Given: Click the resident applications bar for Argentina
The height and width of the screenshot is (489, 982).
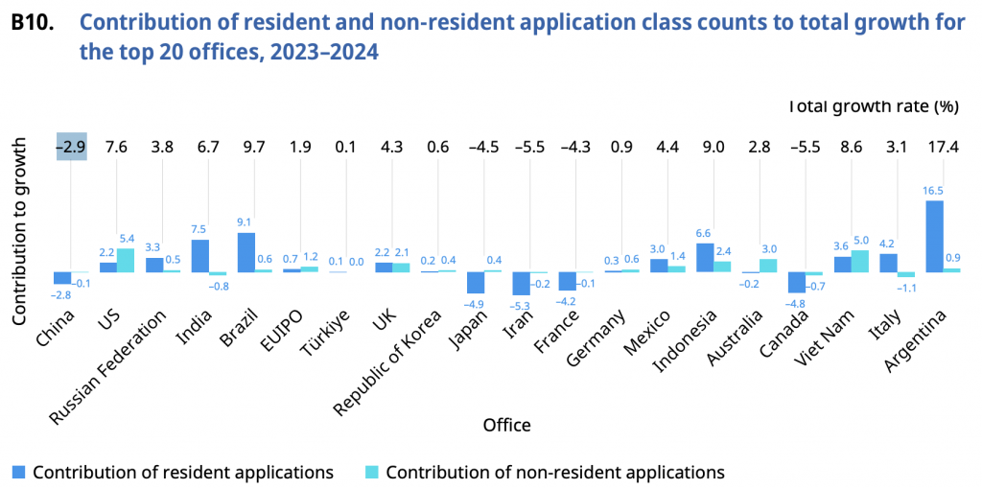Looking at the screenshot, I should click(934, 236).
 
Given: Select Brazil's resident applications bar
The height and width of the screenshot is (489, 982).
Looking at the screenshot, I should click(245, 252).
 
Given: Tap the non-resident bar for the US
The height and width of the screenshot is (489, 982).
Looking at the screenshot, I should click(125, 260).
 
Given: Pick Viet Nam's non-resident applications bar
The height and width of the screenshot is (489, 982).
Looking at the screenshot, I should click(860, 261).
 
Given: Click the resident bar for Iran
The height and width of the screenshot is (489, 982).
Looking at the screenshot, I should click(521, 284).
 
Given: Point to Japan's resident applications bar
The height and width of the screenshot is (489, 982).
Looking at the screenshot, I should click(475, 283).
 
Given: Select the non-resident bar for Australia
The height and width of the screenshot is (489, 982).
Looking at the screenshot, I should click(768, 266).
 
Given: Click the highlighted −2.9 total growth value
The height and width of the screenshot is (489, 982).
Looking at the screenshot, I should click(72, 147).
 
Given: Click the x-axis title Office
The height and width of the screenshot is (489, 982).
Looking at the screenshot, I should click(506, 424).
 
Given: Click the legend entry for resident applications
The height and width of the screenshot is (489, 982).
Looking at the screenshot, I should click(173, 472).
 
